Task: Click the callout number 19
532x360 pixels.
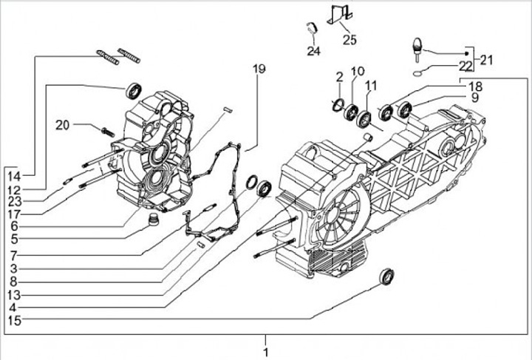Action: (258, 69)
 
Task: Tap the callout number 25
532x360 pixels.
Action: (349, 39)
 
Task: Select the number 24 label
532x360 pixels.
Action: (314, 50)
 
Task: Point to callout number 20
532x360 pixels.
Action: (62, 125)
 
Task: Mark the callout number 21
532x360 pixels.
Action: (485, 59)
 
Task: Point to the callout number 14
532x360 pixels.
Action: (15, 176)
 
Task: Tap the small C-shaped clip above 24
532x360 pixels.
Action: (313, 29)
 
